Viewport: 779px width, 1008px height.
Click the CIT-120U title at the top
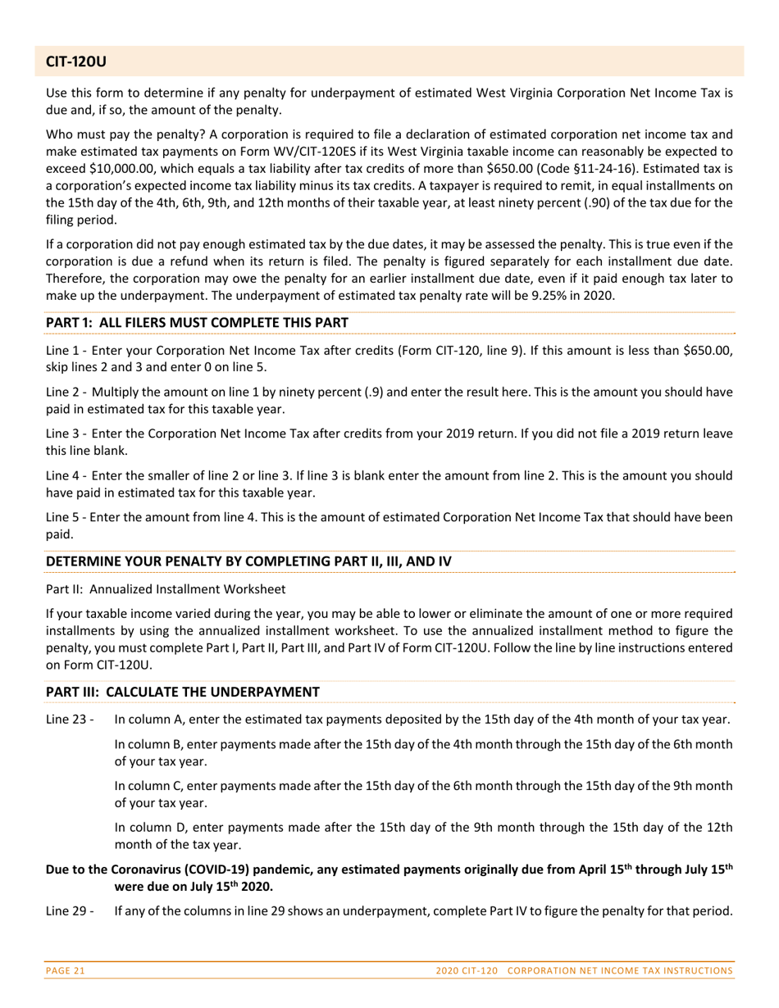pos(76,61)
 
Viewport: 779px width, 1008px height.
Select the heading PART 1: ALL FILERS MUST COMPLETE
pos(196,324)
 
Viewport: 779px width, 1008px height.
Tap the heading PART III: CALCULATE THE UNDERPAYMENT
pos(183,692)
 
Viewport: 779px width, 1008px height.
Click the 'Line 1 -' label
pos(67,351)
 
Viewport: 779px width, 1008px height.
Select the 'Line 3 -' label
pos(67,432)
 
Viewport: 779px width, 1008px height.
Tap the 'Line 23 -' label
pos(71,720)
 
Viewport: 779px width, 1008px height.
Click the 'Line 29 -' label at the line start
pos(71,910)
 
